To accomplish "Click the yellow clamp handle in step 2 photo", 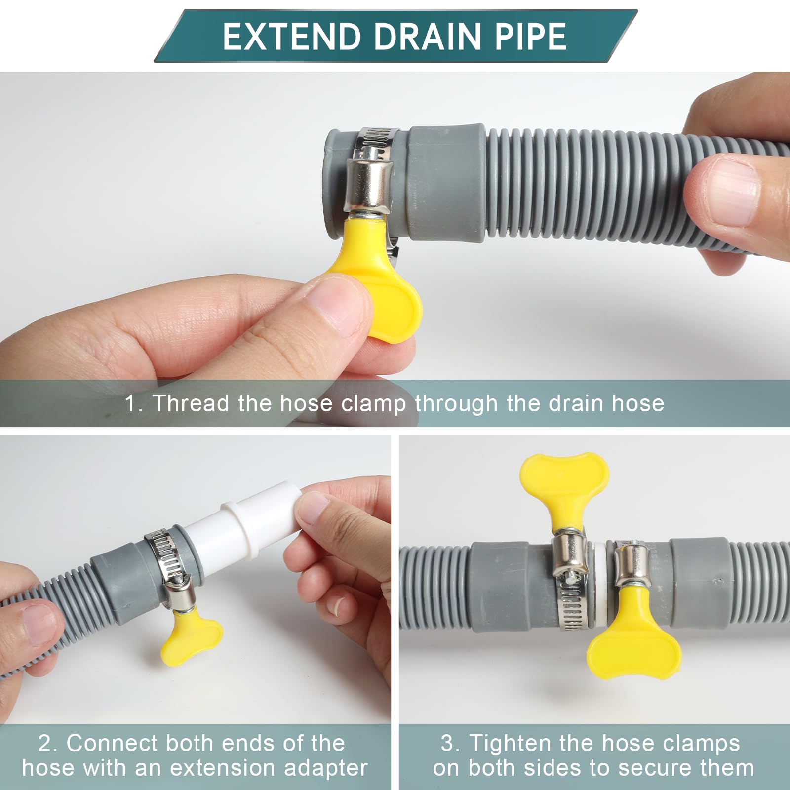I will pyautogui.click(x=193, y=637).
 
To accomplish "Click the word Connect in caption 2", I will pyautogui.click(x=112, y=743).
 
